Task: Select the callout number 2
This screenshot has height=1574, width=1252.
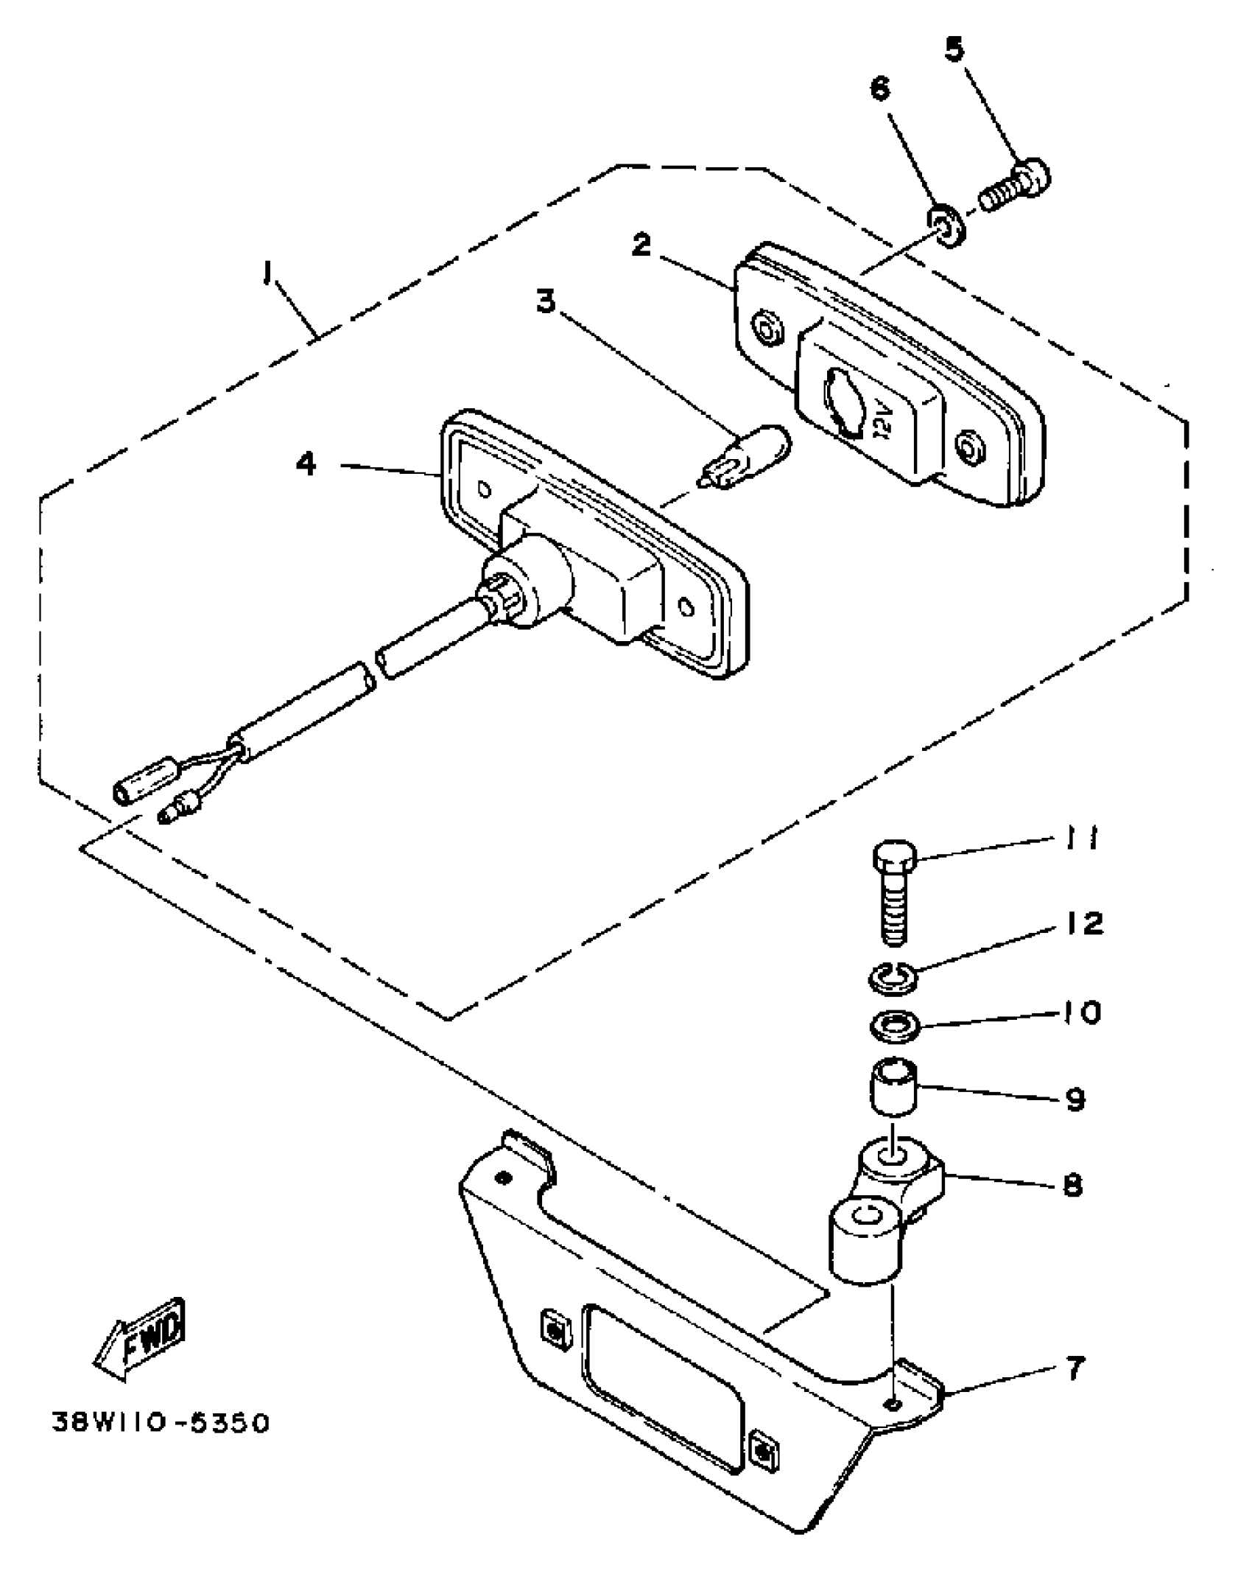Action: point(641,246)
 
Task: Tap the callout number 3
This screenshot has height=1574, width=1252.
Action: point(546,301)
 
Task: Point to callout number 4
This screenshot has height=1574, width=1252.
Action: point(306,464)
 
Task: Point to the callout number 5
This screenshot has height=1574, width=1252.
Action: point(954,50)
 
